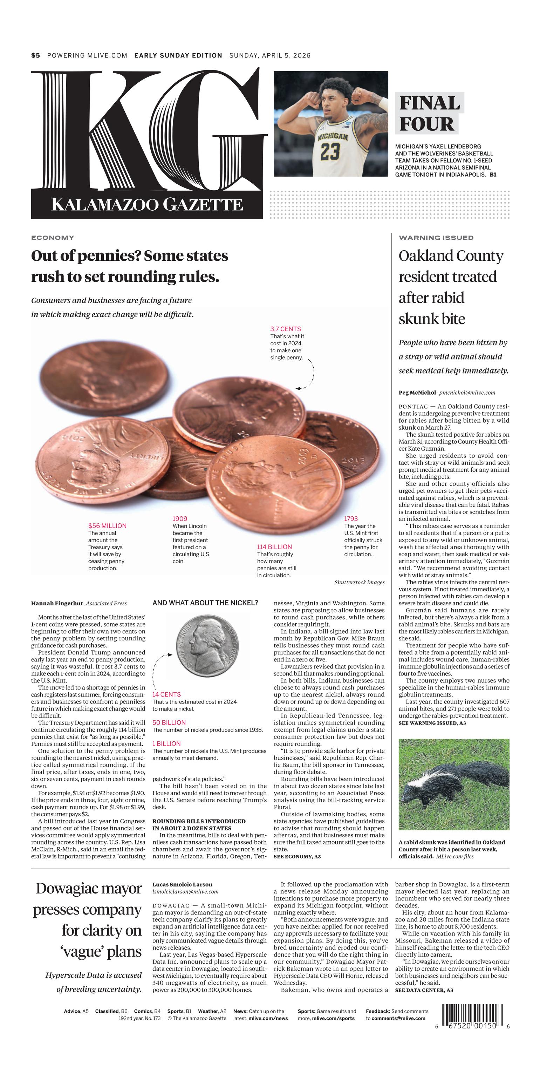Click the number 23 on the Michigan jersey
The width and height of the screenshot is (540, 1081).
pos(330,151)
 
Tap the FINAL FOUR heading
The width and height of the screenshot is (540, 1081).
pos(429,114)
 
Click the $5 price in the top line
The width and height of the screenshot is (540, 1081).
pos(36,55)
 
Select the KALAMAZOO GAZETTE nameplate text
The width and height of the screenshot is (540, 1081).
pos(147,205)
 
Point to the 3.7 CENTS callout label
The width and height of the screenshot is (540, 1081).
pos(285,329)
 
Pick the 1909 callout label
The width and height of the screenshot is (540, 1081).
pos(180,519)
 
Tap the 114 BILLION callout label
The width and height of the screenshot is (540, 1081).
pos(274,547)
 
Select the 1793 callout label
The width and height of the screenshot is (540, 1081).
pos(351,519)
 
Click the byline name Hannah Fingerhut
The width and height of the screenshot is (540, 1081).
pos(57,604)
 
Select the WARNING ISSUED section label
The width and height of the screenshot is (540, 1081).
pos(436,238)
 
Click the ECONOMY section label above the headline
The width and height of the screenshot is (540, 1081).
pos(53,238)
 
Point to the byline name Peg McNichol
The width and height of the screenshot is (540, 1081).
pos(417,393)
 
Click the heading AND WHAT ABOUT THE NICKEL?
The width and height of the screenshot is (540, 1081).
pos(205,603)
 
